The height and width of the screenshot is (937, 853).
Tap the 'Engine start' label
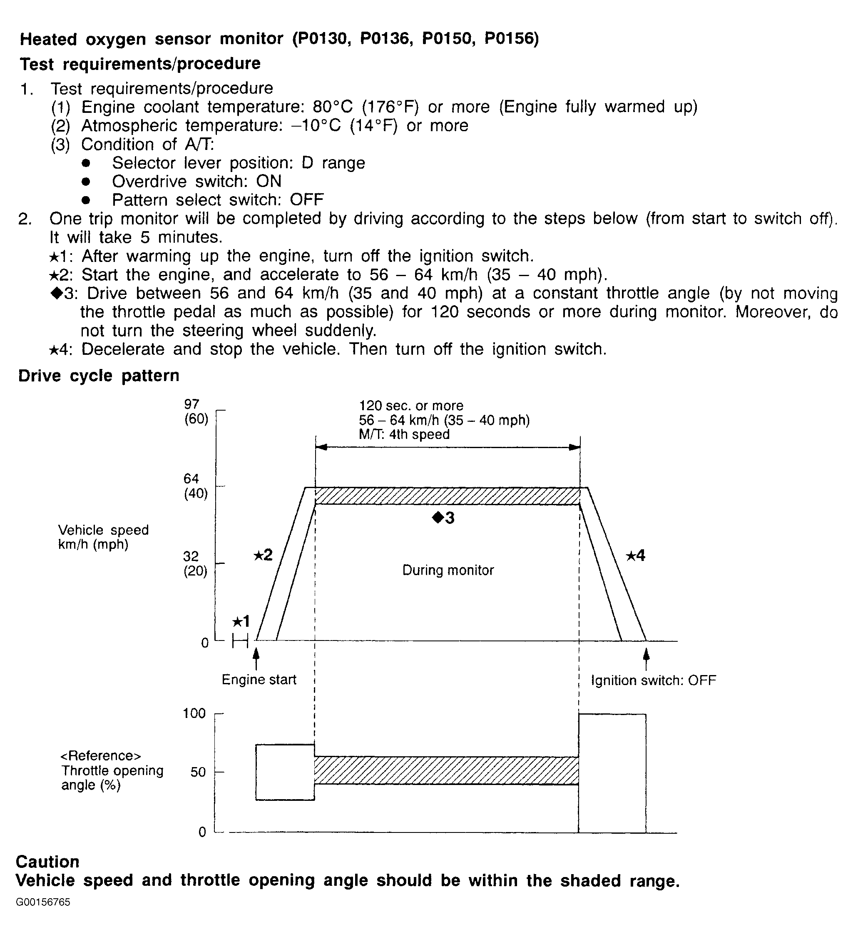[259, 680]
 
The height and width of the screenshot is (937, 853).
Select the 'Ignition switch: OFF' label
[653, 681]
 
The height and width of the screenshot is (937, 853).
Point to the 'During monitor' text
[448, 570]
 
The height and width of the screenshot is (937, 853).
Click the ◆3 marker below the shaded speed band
[443, 518]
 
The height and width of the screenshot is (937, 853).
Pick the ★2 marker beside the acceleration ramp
[263, 555]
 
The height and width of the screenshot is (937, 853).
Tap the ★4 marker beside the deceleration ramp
[635, 556]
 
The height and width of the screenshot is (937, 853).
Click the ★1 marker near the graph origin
[241, 621]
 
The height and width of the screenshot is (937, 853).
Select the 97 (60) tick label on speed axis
[196, 412]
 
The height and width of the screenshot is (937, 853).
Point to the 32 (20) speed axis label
[195, 563]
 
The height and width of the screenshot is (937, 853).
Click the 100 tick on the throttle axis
[194, 713]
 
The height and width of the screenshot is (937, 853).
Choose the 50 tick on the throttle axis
[198, 772]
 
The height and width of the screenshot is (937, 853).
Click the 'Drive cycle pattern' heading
[99, 376]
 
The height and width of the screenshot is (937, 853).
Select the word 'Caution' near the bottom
[47, 862]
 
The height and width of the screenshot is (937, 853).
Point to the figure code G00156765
[43, 902]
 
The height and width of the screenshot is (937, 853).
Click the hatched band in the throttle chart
[446, 770]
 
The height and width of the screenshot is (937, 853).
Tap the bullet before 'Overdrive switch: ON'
[86, 182]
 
